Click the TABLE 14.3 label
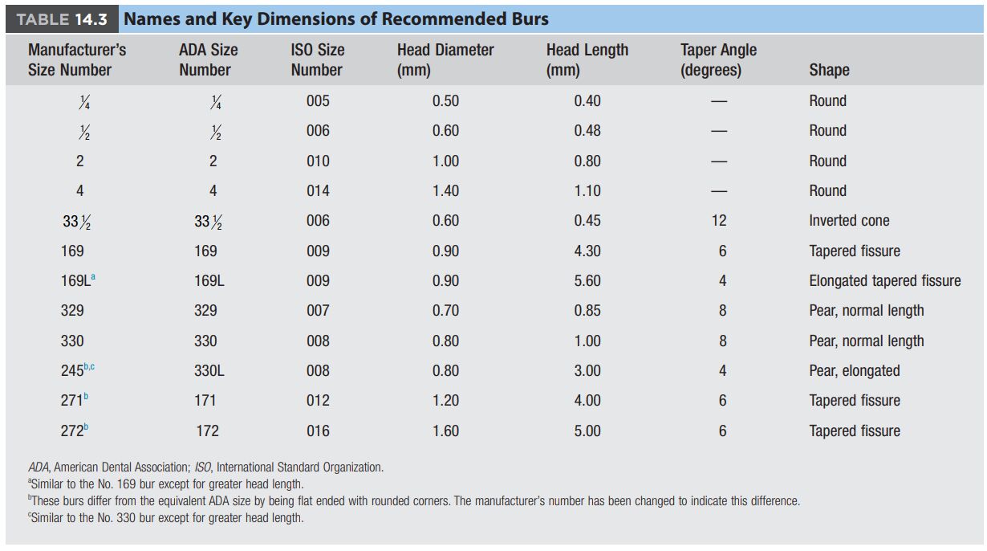pyautogui.click(x=62, y=19)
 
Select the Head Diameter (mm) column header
pyautogui.click(x=445, y=59)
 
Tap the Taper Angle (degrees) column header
pyautogui.click(x=718, y=59)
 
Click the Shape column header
pyautogui.click(x=829, y=70)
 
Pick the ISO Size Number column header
pyautogui.click(x=317, y=59)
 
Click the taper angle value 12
pyautogui.click(x=719, y=220)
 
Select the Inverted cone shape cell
pyautogui.click(x=849, y=220)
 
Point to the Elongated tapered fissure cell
pyautogui.click(x=885, y=280)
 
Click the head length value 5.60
pyautogui.click(x=587, y=280)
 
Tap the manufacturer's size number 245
pyautogui.click(x=72, y=370)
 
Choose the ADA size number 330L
pyautogui.click(x=209, y=370)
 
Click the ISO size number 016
pyautogui.click(x=318, y=431)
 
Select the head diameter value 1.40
pyautogui.click(x=445, y=190)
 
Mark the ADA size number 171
pyautogui.click(x=205, y=400)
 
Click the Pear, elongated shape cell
pyautogui.click(x=855, y=370)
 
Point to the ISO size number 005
pyautogui.click(x=318, y=100)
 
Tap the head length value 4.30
pyautogui.click(x=587, y=251)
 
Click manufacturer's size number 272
pyautogui.click(x=72, y=431)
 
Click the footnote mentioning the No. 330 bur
pyautogui.click(x=166, y=517)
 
